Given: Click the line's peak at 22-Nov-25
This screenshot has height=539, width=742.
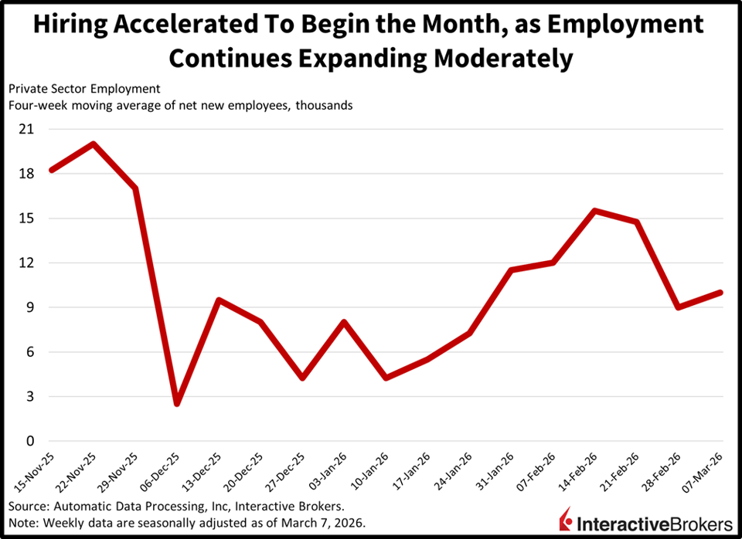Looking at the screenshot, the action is [94, 144].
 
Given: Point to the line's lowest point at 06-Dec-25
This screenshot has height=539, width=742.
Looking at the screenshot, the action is [177, 403].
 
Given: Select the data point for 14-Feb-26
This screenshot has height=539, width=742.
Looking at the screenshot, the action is [595, 211].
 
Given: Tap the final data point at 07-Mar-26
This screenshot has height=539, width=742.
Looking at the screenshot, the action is [720, 293].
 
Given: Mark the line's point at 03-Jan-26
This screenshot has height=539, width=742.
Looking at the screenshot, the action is [344, 322].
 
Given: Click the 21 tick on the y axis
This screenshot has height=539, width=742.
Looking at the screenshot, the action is [26, 129].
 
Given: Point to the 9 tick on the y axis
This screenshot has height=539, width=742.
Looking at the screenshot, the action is [30, 307].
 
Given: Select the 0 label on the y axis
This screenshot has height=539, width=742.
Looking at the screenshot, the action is [30, 441].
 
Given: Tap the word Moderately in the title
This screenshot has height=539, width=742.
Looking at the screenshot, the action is [503, 59].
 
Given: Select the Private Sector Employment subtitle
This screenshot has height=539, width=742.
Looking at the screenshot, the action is [84, 89].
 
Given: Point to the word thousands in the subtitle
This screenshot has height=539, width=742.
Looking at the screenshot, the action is [324, 105].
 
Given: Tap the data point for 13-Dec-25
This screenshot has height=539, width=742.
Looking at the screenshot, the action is [219, 300].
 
